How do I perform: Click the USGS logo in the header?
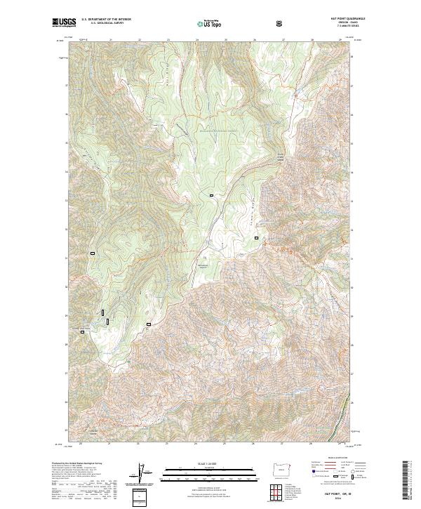click(x=64, y=23)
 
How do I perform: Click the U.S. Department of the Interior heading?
click(x=106, y=20)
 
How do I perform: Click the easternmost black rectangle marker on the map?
click(x=256, y=238)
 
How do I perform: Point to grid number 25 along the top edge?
click(x=197, y=40)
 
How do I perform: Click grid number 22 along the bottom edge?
click(x=139, y=444)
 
